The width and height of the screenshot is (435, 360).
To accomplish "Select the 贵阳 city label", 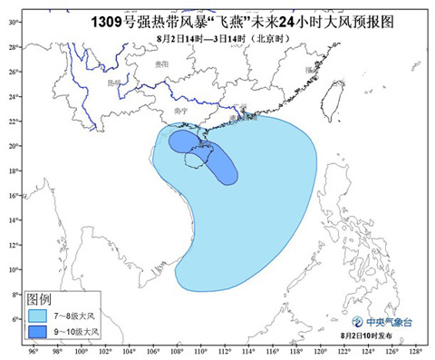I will tap(162, 64).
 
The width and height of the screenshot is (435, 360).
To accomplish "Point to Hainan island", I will tap(195, 161).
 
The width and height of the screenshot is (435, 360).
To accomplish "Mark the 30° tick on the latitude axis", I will tap(14, 20).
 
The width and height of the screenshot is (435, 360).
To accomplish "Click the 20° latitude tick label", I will tap(14, 145).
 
